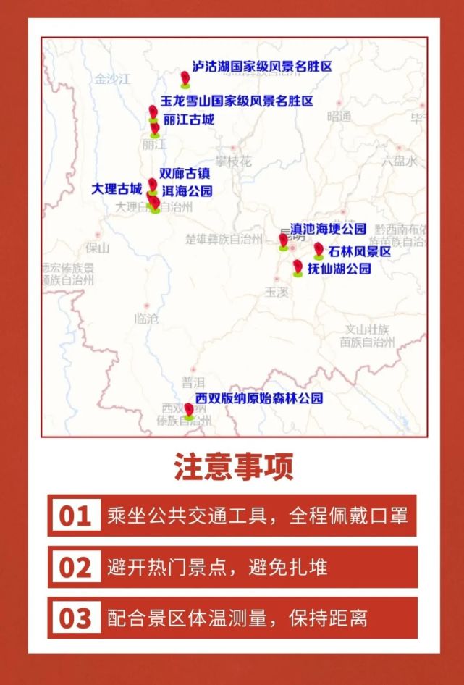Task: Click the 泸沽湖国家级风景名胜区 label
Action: pyautogui.click(x=261, y=66)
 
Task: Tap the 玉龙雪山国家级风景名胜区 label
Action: pyautogui.click(x=237, y=101)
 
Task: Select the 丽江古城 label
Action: pyautogui.click(x=189, y=119)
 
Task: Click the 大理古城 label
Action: pyautogui.click(x=117, y=189)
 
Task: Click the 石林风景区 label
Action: pyautogui.click(x=359, y=251)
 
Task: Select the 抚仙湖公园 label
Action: pyautogui.click(x=339, y=268)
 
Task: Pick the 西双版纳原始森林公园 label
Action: pyautogui.click(x=258, y=398)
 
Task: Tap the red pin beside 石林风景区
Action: pyautogui.click(x=319, y=250)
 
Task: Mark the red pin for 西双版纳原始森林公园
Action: pyautogui.click(x=189, y=411)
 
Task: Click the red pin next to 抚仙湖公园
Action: pyautogui.click(x=298, y=266)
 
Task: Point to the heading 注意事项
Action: pyautogui.click(x=233, y=468)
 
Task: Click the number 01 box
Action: pyautogui.click(x=75, y=516)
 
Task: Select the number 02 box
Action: pyautogui.click(x=75, y=567)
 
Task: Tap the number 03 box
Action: pyautogui.click(x=75, y=618)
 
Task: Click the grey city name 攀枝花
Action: pyautogui.click(x=232, y=161)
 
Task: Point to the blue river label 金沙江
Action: pyautogui.click(x=111, y=79)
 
